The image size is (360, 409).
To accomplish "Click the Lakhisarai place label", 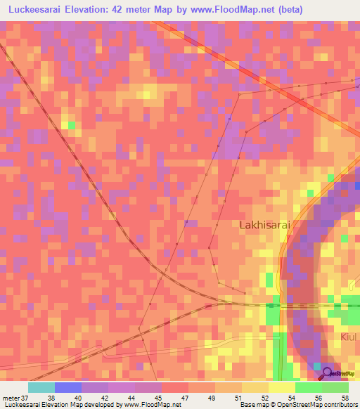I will (264, 226).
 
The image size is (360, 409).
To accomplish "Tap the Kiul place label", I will (349, 337).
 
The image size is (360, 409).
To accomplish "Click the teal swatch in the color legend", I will (41, 387).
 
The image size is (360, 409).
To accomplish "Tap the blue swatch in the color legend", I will (68, 387).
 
